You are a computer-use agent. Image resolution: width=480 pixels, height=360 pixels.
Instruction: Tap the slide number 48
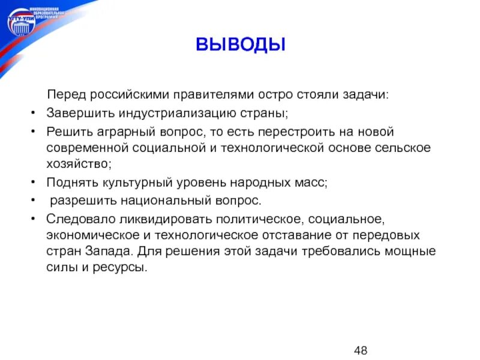361,350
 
